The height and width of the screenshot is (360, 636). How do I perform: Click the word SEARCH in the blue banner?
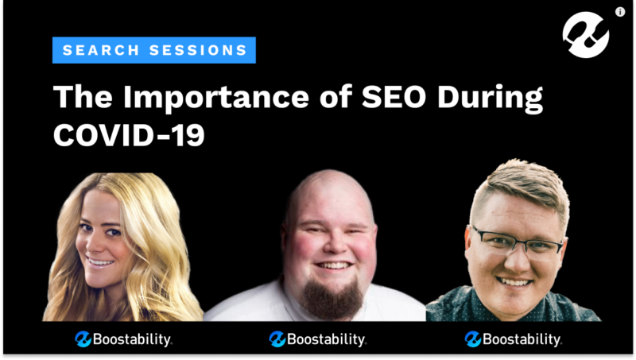pos(101,50)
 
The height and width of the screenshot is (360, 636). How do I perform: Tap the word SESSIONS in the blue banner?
pos(198,50)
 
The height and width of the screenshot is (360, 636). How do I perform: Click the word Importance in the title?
pos(216,98)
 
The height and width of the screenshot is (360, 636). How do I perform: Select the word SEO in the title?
pos(394,96)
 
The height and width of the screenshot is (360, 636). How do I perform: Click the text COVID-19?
pos(129,135)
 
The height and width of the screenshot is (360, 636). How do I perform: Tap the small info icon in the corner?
pos(620,12)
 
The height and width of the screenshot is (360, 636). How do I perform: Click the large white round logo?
pos(586,35)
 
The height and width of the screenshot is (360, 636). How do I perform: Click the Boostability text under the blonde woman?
pos(132,339)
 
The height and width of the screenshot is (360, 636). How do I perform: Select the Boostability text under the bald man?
pos(327,339)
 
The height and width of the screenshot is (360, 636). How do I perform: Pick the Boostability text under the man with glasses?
pos(522,339)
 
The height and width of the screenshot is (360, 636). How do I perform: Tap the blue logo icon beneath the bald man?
pos(277,339)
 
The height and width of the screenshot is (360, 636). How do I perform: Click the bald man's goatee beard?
pos(332,297)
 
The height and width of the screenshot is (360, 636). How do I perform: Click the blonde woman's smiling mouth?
pos(99,263)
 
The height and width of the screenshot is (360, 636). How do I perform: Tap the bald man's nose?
pos(333,246)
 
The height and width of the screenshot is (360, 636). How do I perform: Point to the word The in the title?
pos(83,96)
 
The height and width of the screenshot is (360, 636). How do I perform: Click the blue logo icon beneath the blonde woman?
pos(83,339)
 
